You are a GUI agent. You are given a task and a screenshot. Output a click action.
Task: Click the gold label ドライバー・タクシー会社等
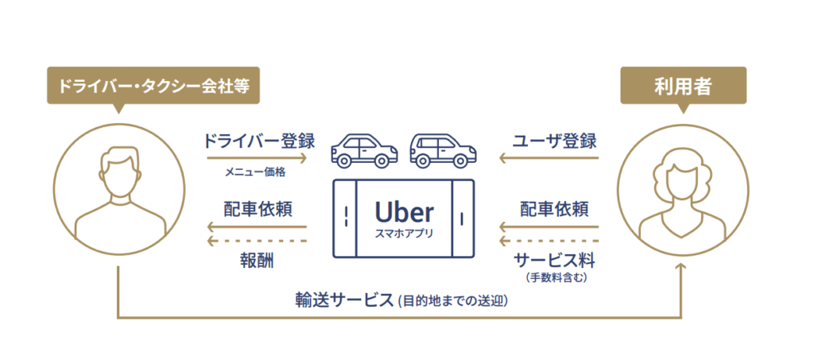(x=153, y=86)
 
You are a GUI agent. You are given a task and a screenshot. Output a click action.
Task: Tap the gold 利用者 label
(x=683, y=86)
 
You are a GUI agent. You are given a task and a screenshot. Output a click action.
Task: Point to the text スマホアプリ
(x=404, y=233)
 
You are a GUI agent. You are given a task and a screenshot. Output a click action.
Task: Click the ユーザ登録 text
(x=554, y=141)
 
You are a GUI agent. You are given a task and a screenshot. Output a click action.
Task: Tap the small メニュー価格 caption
(x=255, y=172)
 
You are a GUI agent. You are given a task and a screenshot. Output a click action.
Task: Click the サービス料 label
(x=556, y=260)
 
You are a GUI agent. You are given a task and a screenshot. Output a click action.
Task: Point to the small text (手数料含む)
(x=556, y=279)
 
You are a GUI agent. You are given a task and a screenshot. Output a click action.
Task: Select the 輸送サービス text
(x=344, y=300)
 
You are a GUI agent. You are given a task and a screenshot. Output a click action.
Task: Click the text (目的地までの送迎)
(x=452, y=301)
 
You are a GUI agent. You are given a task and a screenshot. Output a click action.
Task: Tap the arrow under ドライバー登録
(x=257, y=157)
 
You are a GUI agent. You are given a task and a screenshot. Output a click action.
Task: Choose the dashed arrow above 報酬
(x=257, y=242)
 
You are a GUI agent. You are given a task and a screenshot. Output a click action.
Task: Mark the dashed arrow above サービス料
(x=548, y=242)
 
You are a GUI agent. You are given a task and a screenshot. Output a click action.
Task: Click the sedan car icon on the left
(x=364, y=150)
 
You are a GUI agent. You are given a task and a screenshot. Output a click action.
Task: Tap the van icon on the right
(x=444, y=150)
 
